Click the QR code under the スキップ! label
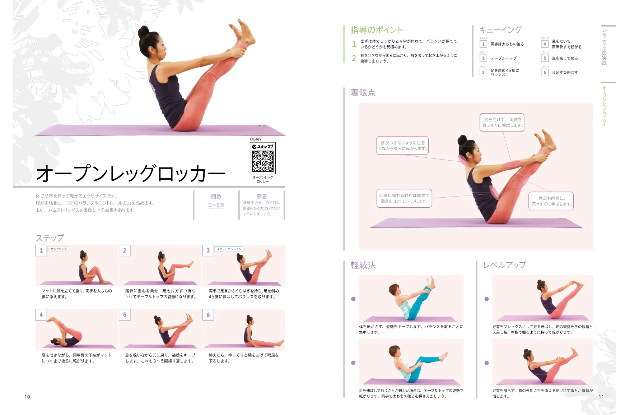[262, 161]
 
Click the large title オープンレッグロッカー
[131, 174]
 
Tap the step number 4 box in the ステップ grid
[41, 315]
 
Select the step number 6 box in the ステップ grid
[208, 315]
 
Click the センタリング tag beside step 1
[58, 249]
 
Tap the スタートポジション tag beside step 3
[229, 249]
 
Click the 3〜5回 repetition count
[216, 205]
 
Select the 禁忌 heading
[261, 196]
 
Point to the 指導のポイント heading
[377, 30]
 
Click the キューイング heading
[500, 30]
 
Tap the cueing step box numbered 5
[545, 58]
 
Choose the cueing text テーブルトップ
[504, 58]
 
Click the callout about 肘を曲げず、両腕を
[502, 123]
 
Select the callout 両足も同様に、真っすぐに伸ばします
[551, 201]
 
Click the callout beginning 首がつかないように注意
[402, 146]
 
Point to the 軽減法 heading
[363, 265]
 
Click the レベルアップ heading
[504, 265]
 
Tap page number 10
[27, 397]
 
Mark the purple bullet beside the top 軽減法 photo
[353, 299]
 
